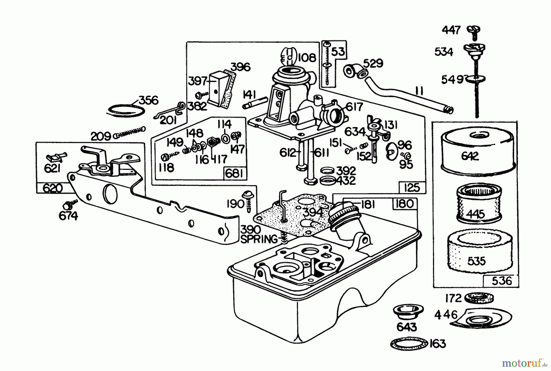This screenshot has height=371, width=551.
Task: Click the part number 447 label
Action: (451, 30)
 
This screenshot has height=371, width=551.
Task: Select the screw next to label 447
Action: (474, 32)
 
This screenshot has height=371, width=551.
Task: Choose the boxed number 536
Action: (501, 281)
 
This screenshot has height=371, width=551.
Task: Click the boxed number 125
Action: (412, 187)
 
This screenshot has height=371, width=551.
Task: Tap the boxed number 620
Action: (53, 188)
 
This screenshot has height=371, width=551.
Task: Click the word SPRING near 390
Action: (259, 239)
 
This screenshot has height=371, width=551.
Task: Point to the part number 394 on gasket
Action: (312, 212)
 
